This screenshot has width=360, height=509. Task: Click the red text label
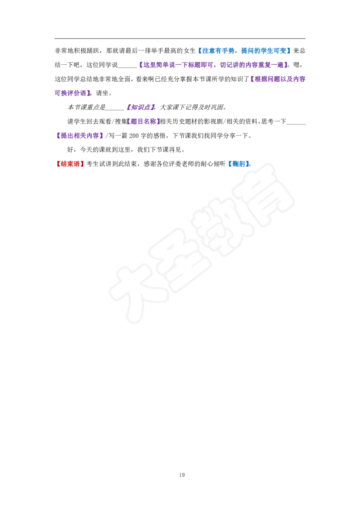coord(70,164)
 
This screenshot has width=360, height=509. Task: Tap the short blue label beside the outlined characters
coord(238,164)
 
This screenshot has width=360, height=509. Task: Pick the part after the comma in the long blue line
coord(265,50)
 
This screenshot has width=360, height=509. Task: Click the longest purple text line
coord(212,65)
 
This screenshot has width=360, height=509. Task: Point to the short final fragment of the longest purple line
coord(281,65)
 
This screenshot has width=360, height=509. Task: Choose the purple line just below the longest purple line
coord(277,79)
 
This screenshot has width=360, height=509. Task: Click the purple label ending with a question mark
coord(141,107)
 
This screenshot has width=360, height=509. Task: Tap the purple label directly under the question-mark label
coord(144,121)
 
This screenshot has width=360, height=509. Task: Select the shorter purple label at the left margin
coord(73,94)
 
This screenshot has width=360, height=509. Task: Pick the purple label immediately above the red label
coord(79,135)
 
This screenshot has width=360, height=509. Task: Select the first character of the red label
coord(58,164)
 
